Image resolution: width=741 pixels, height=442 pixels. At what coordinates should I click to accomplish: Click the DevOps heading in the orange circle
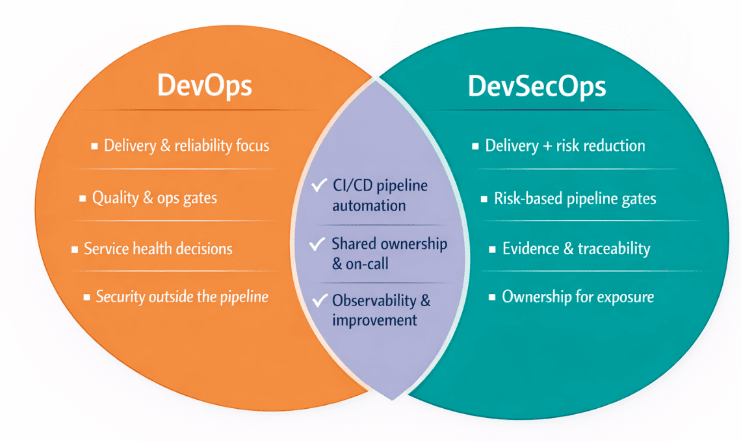pos(204,86)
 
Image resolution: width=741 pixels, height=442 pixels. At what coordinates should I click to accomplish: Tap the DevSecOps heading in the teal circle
pos(537,86)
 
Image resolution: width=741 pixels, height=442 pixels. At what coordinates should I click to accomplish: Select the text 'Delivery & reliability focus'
pos(187,145)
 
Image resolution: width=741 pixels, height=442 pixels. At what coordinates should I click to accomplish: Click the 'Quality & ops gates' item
pos(155,197)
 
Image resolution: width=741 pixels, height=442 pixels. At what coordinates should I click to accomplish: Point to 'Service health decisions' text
pos(158,248)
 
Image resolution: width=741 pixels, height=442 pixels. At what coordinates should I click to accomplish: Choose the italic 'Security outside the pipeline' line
pos(182,297)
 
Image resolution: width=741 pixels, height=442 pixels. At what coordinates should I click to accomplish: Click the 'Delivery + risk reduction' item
pos(565,145)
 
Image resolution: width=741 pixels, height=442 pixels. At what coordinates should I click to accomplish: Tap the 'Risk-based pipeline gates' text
pos(575,198)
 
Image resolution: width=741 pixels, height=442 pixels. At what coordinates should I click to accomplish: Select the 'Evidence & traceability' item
pos(576,248)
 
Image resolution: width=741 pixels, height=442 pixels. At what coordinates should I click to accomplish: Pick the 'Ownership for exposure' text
pos(578,297)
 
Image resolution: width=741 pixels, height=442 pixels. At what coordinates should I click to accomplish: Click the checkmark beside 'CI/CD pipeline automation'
pos(318,186)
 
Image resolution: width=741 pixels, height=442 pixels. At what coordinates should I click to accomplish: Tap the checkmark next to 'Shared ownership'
pos(317,244)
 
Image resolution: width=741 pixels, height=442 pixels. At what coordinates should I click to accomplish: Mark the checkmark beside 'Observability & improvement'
pos(318,300)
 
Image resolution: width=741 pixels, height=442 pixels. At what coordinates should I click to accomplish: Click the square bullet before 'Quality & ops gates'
pos(83,198)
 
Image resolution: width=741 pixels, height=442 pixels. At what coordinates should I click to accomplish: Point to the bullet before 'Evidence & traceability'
pos(493,249)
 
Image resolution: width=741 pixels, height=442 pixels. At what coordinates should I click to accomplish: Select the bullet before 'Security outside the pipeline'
pos(86,298)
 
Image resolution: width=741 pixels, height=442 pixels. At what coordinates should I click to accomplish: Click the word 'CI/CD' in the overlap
pos(351,186)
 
